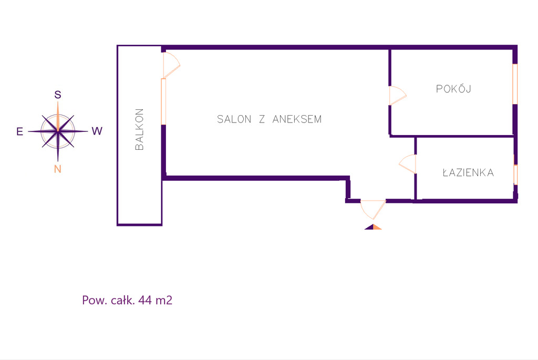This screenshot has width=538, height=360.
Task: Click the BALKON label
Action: (139, 130)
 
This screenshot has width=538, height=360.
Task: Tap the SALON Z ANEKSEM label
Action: (269, 119)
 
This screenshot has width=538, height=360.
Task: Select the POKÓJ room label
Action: (453, 89)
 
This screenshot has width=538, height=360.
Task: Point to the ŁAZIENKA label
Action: (468, 172)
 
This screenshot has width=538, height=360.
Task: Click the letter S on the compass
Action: (58, 95)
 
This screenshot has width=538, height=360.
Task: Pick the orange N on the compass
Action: (58, 169)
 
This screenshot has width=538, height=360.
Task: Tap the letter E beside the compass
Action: (19, 132)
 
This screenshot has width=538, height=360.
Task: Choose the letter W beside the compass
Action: (97, 131)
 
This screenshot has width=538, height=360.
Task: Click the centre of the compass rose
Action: (58, 131)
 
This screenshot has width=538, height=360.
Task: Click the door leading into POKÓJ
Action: (397, 96)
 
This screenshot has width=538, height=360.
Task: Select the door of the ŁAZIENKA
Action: (408, 164)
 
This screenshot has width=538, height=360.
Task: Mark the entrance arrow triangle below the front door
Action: (373, 227)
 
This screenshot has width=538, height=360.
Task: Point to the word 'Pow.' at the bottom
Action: (94, 301)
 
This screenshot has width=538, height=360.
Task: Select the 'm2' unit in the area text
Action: (163, 301)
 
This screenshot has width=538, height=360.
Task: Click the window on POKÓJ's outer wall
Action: (515, 84)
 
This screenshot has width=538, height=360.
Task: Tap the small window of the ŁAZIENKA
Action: (515, 175)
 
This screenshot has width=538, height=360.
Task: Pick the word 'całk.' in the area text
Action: (122, 301)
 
